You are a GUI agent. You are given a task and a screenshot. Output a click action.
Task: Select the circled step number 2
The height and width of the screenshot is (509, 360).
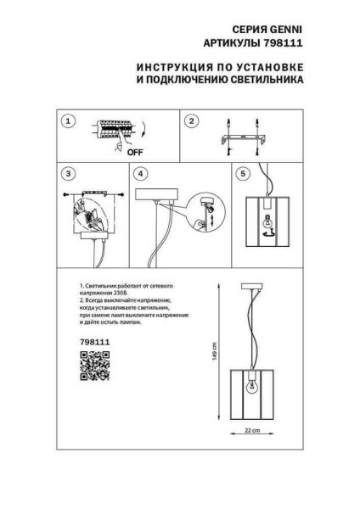click(x=192, y=122)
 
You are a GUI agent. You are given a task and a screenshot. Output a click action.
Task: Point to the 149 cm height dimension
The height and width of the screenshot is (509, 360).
click(x=217, y=350)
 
